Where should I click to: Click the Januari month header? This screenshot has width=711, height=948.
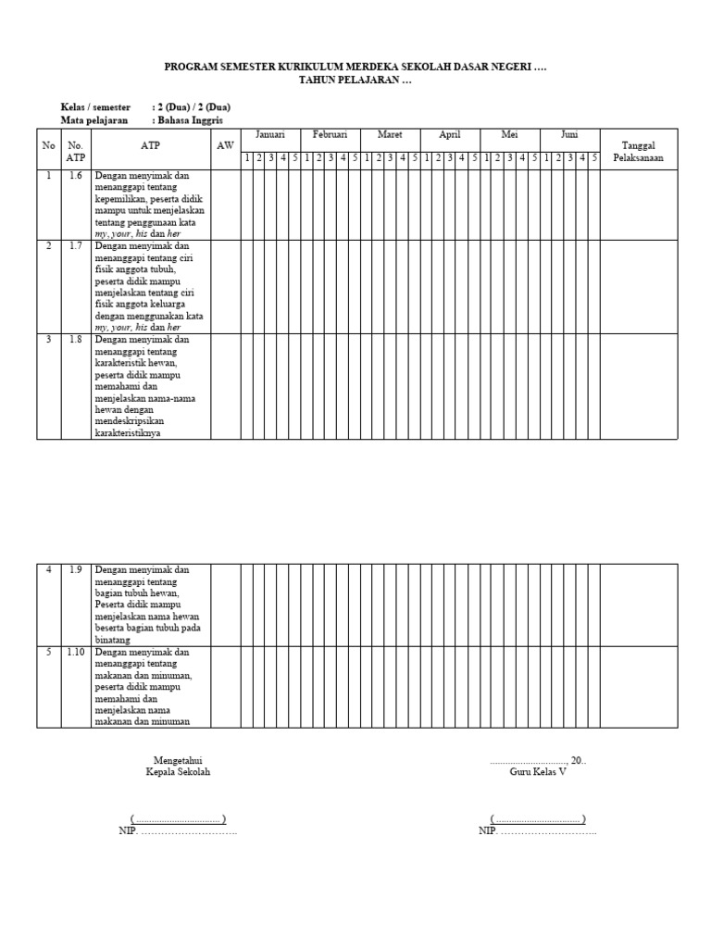pyautogui.click(x=270, y=135)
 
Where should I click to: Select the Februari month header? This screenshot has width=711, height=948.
pyautogui.click(x=330, y=135)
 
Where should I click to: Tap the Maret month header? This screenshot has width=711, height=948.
pyautogui.click(x=390, y=135)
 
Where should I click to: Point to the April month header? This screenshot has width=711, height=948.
pyautogui.click(x=450, y=135)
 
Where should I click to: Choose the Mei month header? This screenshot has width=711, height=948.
pyautogui.click(x=509, y=135)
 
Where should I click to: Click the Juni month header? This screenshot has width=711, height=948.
pyautogui.click(x=569, y=135)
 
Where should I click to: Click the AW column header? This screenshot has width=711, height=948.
pyautogui.click(x=225, y=146)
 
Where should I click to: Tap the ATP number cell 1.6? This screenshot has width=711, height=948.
pyautogui.click(x=75, y=175)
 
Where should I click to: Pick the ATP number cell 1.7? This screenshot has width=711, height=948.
pyautogui.click(x=75, y=246)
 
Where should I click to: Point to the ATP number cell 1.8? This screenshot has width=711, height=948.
pyautogui.click(x=75, y=340)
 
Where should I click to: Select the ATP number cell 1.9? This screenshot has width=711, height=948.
pyautogui.click(x=75, y=570)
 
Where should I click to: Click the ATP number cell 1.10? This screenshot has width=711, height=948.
pyautogui.click(x=75, y=653)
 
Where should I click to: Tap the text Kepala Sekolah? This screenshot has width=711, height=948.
pyautogui.click(x=178, y=772)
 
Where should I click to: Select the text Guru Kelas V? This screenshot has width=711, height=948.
pyautogui.click(x=537, y=772)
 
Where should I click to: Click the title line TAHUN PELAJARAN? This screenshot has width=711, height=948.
pyautogui.click(x=355, y=81)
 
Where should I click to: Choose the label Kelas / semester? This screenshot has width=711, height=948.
pyautogui.click(x=95, y=107)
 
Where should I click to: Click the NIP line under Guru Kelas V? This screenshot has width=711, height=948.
pyautogui.click(x=537, y=831)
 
